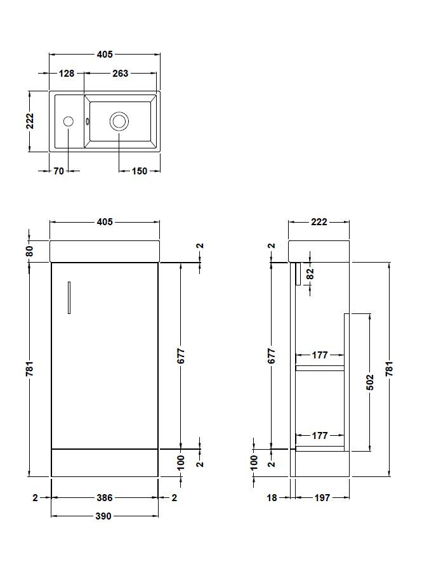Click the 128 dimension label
(67, 74)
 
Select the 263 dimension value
(120, 74)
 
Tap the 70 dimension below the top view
(58, 171)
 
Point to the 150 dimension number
(139, 171)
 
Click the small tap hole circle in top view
(68, 121)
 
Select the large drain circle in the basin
(119, 121)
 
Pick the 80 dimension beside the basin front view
(29, 251)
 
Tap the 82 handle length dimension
(310, 273)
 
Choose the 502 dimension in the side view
(370, 382)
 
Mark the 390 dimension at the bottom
(103, 516)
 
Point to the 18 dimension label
(272, 498)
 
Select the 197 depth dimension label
(322, 498)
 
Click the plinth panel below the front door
(104, 463)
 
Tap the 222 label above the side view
(319, 222)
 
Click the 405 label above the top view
(105, 55)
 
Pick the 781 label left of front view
(29, 369)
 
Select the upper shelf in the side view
(320, 367)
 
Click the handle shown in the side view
(296, 274)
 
